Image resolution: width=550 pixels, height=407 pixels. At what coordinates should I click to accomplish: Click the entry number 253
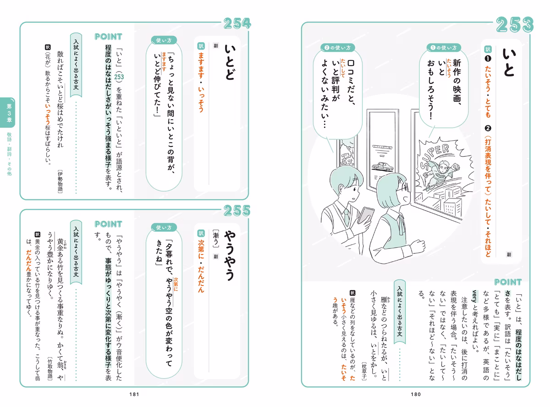click(515, 25)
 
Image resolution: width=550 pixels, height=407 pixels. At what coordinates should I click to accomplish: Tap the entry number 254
click(237, 24)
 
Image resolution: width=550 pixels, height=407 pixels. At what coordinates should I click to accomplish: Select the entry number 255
click(237, 211)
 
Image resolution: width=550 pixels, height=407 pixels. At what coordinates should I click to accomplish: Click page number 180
click(416, 394)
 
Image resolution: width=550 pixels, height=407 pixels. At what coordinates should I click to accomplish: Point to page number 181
click(134, 394)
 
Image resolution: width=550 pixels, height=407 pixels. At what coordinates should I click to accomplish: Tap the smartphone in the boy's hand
click(365, 215)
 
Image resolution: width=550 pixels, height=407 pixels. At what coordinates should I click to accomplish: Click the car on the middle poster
click(382, 166)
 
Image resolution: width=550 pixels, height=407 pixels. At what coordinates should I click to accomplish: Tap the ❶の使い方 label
click(444, 48)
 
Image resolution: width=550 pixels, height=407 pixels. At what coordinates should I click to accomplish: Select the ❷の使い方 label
click(337, 48)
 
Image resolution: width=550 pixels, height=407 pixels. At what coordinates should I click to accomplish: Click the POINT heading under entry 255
click(108, 224)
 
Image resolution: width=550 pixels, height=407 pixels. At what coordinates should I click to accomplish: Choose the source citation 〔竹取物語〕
click(50, 368)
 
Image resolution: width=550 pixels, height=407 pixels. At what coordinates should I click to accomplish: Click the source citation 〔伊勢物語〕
click(60, 181)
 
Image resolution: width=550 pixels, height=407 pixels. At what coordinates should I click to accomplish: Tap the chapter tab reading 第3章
click(9, 113)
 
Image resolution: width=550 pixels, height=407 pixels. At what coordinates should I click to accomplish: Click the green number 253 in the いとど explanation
click(119, 77)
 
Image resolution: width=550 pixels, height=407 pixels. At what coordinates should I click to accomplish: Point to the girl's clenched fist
click(418, 247)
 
